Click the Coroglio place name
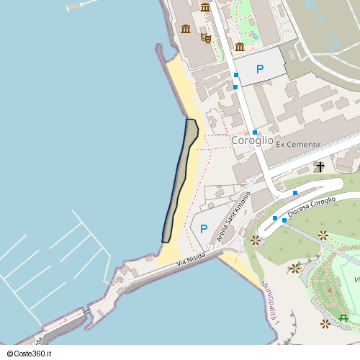pos(252,141)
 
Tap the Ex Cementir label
pos(298,145)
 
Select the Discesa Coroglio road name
pos(312,207)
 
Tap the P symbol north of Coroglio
pos(260,69)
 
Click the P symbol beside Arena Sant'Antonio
pos(204,229)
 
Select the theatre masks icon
pos(206,37)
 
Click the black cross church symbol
pos(320,167)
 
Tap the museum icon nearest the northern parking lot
pos(240,48)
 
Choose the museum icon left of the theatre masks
pos(186,29)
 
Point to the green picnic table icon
pos(343,318)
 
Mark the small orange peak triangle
pos(330,289)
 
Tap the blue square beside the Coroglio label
pos(255,132)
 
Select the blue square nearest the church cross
pos(295,193)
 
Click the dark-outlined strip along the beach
pos(179,180)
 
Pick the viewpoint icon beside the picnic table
pos(325,323)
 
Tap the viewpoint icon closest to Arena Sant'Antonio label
pos(255,240)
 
